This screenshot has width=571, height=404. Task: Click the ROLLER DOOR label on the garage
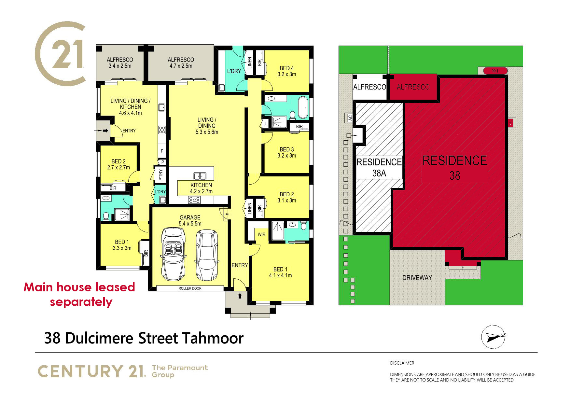[x=190, y=288]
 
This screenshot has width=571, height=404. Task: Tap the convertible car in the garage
[x=173, y=254]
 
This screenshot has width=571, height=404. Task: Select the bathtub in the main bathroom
[x=303, y=107]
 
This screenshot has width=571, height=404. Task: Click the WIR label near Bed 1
[x=261, y=234]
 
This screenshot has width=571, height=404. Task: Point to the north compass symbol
[x=494, y=337]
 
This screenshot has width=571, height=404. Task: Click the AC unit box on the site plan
[x=350, y=118]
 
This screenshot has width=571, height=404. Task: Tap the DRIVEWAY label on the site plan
[x=417, y=278]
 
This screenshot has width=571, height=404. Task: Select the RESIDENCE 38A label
[x=379, y=167]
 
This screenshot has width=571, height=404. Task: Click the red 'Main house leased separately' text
[x=80, y=294]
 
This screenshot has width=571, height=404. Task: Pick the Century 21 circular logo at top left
[x=61, y=54]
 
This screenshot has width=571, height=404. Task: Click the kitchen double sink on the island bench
[x=200, y=176]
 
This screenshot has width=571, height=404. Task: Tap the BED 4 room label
[x=287, y=71]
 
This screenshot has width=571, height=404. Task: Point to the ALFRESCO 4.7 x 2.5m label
[x=181, y=63]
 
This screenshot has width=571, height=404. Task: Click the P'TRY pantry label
[x=160, y=175]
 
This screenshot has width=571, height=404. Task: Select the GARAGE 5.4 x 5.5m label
[x=190, y=220]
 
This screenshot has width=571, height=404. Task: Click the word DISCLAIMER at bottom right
[x=402, y=363]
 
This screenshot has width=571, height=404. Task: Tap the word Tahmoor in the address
[x=213, y=338]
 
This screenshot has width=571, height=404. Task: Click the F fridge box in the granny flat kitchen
[x=162, y=151]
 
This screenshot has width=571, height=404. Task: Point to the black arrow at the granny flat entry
[x=105, y=131]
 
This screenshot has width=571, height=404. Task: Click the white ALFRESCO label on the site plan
[x=369, y=87]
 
